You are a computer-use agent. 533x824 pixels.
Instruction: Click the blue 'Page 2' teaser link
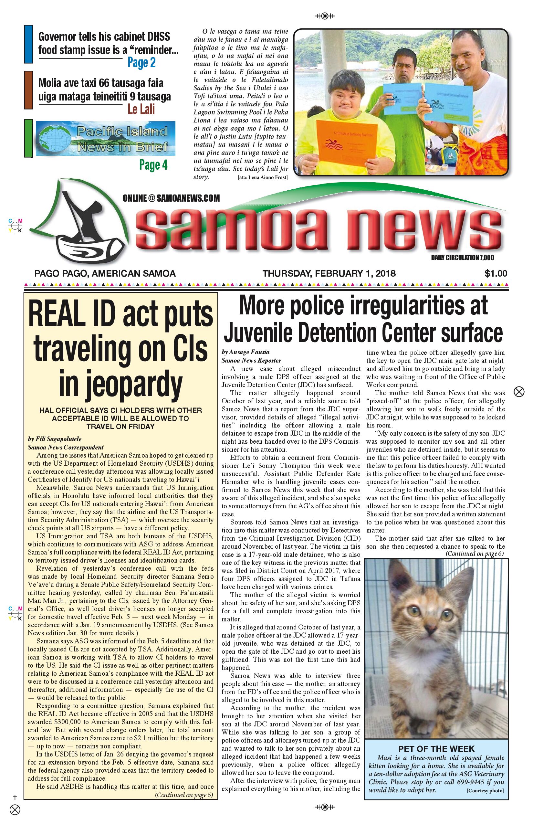141,63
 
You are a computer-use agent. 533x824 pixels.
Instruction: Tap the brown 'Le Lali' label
141,110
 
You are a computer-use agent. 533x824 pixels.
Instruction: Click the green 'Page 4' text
153,165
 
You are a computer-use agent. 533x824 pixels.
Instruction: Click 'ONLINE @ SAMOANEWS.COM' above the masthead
171,198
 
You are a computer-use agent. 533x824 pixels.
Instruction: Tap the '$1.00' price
496,273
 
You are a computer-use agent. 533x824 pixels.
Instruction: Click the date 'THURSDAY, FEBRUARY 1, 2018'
329,273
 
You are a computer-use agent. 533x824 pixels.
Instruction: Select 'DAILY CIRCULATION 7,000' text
462,258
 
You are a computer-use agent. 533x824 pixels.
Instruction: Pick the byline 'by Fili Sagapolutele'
55,439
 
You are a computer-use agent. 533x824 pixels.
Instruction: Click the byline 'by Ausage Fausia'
246,352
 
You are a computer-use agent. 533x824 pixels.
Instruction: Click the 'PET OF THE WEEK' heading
436,749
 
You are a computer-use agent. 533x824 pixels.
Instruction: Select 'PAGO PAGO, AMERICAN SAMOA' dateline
105,273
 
